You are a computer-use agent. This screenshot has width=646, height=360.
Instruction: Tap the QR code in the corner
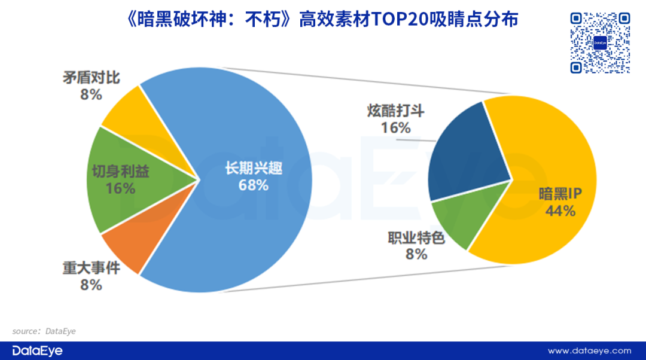pyautogui.click(x=599, y=42)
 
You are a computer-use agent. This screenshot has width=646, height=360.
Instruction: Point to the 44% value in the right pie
pyautogui.click(x=560, y=210)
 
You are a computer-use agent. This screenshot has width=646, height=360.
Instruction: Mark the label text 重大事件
pyautogui.click(x=91, y=269)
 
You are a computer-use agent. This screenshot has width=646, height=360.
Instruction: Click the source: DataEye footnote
pyautogui.click(x=44, y=330)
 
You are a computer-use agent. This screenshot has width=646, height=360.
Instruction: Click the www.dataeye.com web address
pyautogui.click(x=589, y=350)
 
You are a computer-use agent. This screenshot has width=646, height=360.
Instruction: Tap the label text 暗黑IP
pyautogui.click(x=560, y=194)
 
